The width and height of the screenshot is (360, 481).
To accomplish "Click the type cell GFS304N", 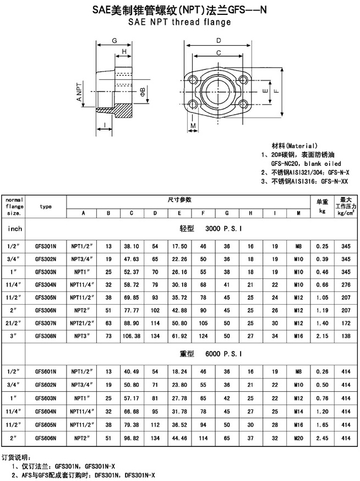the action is click(46, 285).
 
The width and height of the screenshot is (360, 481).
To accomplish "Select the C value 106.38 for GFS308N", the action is click(132, 336).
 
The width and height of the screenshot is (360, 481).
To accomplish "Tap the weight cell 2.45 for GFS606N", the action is click(322, 438).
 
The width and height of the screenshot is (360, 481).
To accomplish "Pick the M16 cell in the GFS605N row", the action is click(298, 425).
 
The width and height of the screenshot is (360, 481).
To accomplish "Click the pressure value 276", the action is click(346, 285).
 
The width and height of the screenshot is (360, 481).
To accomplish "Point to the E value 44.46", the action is click(179, 438).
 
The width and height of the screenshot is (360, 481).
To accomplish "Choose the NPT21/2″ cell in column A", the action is click(81, 323).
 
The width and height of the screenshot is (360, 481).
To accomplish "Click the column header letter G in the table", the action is click(227, 213).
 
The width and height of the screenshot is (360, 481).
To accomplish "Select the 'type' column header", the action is click(46, 207).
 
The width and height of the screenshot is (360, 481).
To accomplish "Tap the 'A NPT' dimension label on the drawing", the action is click(79, 91).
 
